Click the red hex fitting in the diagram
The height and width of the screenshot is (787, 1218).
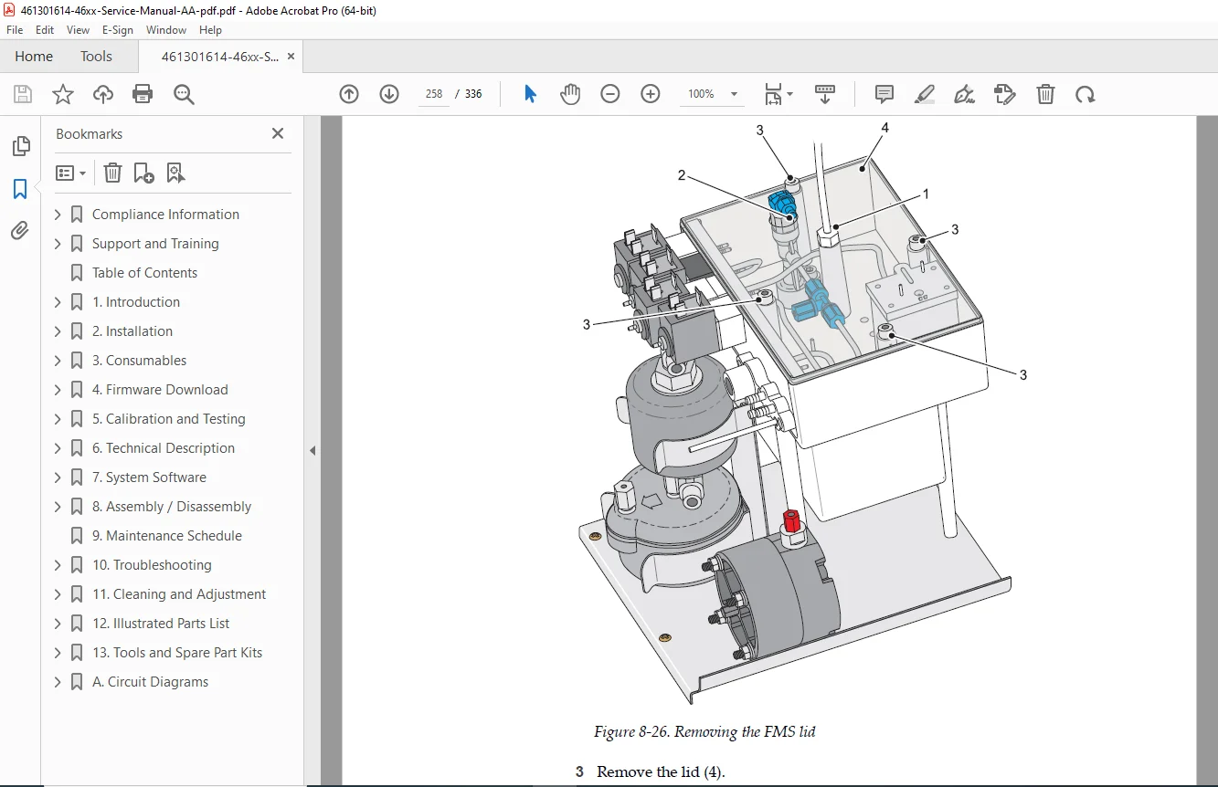click(791, 520)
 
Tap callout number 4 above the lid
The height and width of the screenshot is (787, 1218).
click(884, 128)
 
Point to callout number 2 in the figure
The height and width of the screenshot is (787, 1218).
click(682, 175)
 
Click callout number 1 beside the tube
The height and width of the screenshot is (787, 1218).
click(926, 194)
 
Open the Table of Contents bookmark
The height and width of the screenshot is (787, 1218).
click(144, 273)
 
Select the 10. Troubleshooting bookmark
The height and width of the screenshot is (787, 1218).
click(152, 565)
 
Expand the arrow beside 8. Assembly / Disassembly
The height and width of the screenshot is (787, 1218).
click(58, 507)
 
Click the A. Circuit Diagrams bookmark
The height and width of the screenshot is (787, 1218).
click(150, 682)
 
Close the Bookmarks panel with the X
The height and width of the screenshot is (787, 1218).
click(278, 133)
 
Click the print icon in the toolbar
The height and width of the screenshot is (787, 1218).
click(143, 94)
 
